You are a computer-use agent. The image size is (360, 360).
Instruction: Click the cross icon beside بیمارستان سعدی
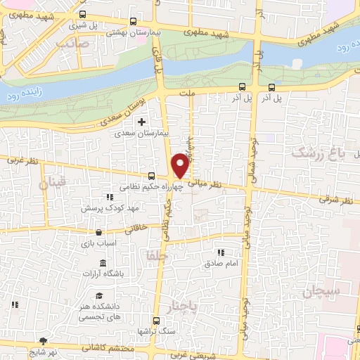pos(142,122)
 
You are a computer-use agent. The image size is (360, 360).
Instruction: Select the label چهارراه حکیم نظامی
pos(141,187)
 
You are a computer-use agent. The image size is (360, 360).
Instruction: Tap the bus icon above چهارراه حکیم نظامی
pos(151,176)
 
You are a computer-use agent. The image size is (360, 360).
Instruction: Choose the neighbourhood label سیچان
pos(323,290)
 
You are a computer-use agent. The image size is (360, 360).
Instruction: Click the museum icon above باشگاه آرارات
pos(103,262)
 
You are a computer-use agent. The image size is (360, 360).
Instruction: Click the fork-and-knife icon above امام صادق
pos(221,252)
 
